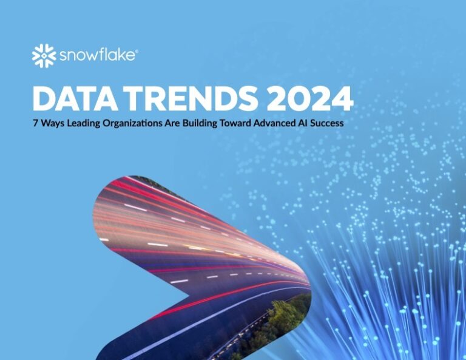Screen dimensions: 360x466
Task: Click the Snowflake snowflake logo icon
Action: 44,56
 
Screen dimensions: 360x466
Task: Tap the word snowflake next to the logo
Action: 97,56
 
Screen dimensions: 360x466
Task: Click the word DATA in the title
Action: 73,98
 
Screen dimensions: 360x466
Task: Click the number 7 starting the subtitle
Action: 35,123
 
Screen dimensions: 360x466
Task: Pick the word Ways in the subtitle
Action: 53,123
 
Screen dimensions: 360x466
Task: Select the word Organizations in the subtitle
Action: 140,123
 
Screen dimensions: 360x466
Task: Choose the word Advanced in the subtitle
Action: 294,123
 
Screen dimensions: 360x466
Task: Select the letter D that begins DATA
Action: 44,98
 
